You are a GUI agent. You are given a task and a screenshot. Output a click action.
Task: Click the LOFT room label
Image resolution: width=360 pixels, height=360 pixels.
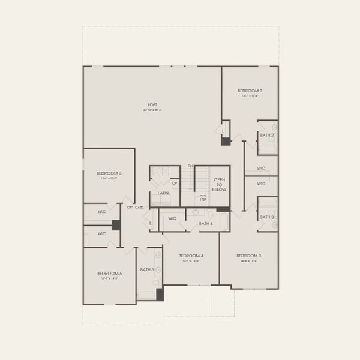(152, 105)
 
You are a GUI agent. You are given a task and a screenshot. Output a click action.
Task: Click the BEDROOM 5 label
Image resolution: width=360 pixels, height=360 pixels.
(109, 274)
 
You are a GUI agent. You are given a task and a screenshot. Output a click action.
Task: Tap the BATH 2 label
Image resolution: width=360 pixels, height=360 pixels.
(267, 136)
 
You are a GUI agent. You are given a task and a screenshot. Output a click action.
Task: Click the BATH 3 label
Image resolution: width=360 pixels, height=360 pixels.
(267, 217)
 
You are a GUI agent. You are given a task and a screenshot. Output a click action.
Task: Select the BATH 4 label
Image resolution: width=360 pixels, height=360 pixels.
(206, 224)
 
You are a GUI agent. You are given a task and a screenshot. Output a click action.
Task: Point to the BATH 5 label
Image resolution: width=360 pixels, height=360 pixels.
(148, 269)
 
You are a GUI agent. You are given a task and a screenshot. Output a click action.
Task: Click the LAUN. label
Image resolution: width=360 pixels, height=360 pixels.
(163, 193)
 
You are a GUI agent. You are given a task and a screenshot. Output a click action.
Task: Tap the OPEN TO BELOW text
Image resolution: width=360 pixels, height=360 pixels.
(220, 184)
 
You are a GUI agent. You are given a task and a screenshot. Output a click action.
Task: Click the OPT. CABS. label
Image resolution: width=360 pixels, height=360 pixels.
(135, 207)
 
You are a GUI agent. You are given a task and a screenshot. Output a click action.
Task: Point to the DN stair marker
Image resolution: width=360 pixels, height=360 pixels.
(190, 166)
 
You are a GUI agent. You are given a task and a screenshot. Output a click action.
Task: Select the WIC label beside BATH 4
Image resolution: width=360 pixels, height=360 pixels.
(172, 218)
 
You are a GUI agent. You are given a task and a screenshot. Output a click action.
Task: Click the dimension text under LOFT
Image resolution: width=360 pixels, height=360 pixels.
(152, 110)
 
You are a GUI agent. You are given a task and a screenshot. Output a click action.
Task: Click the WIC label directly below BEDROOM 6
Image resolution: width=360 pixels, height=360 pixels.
(101, 211)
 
